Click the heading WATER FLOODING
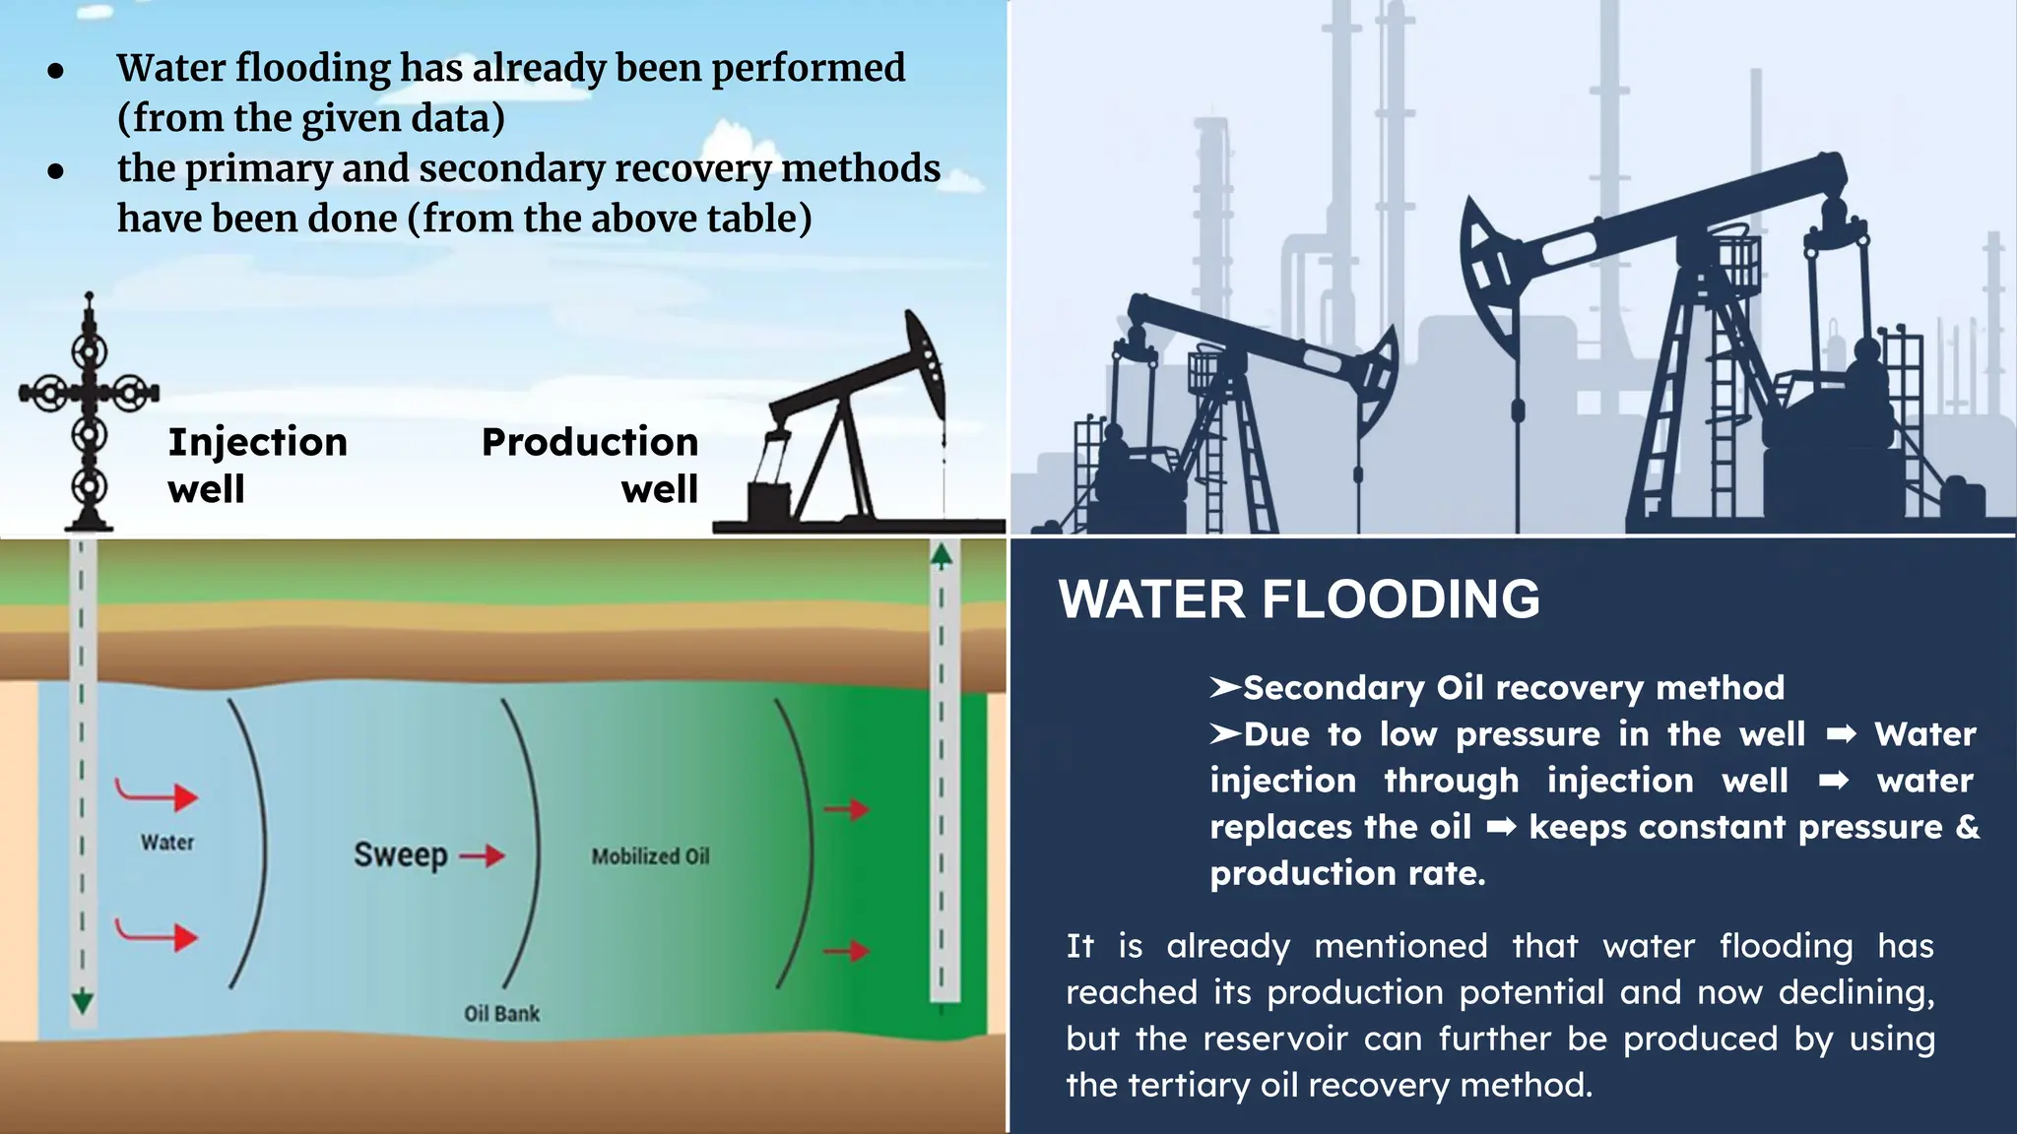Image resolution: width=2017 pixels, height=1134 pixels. (1299, 599)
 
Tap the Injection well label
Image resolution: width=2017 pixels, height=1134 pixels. (257, 465)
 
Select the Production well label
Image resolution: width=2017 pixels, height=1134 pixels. (590, 465)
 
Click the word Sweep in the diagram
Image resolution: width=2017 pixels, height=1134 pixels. (400, 854)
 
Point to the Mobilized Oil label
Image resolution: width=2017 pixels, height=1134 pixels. (650, 856)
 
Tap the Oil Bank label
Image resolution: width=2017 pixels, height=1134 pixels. (501, 1013)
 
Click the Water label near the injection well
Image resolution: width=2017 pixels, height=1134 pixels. (167, 843)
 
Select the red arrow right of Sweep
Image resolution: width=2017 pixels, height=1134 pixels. (483, 856)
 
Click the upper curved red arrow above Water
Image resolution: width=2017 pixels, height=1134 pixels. (158, 793)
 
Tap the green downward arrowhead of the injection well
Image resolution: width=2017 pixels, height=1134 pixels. (83, 1002)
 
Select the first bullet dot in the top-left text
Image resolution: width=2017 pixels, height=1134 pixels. (56, 71)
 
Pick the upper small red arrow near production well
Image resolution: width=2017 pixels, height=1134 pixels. (846, 809)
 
